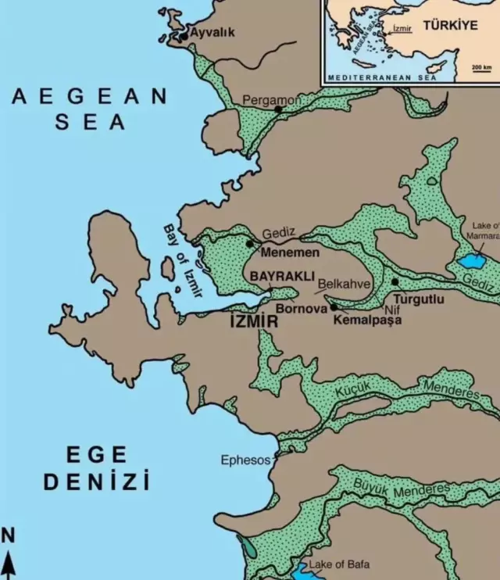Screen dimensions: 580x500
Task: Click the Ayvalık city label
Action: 212,33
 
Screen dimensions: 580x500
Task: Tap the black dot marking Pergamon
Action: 278,109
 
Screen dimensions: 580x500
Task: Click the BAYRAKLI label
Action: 282,277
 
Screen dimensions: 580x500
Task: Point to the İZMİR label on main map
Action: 254,320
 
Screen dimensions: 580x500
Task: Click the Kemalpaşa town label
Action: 366,319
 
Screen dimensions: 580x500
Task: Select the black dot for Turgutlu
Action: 395,281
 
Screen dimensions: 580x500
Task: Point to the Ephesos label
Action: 245,460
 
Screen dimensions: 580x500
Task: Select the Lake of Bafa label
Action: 339,564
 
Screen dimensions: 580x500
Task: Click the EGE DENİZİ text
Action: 96,467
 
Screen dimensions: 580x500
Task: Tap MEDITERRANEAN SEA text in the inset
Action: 383,78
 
